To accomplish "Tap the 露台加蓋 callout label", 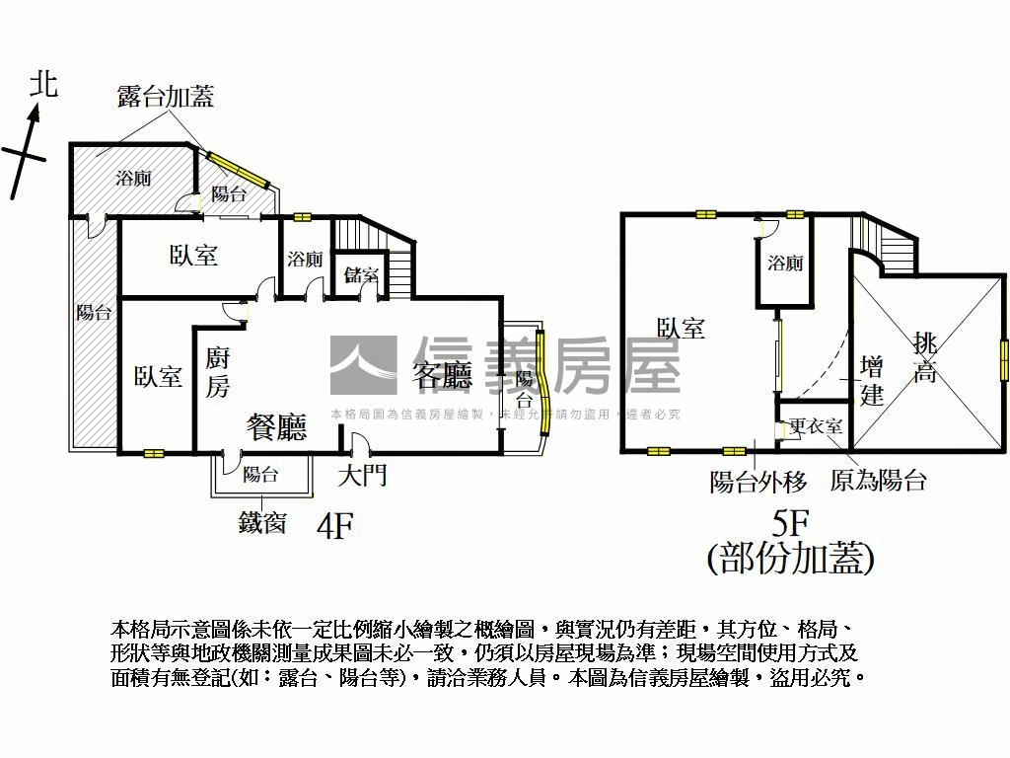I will [166, 96].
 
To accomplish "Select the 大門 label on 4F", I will [362, 476].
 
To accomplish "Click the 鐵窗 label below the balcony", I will [262, 521].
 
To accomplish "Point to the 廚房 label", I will [218, 371].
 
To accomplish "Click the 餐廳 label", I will [277, 426].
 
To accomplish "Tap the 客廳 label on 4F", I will [443, 374].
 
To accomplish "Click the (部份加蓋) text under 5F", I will [791, 560].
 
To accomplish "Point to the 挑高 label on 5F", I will [925, 357].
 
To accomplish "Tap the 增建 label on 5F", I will [872, 381].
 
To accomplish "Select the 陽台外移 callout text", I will [758, 482].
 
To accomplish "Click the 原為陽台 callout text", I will [878, 482].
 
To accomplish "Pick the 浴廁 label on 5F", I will [786, 264].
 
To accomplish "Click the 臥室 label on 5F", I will [681, 328].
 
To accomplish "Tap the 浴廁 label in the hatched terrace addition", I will [134, 179].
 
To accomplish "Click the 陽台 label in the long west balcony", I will [94, 313].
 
